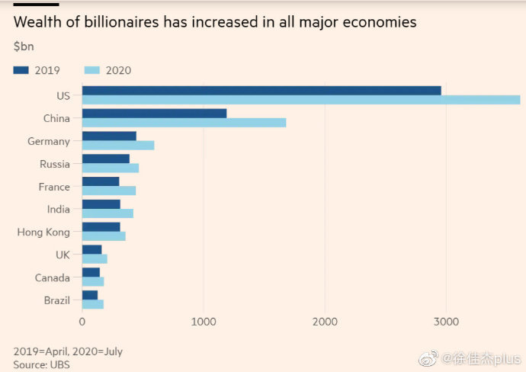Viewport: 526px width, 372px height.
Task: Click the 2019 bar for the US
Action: (x=261, y=91)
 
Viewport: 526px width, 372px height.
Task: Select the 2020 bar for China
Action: (x=184, y=123)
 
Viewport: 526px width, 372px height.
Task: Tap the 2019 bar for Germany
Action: (x=109, y=136)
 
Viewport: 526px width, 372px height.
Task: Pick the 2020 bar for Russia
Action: (x=110, y=168)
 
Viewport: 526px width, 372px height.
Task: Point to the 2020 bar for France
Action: (x=108, y=191)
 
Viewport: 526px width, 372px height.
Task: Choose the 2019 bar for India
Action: (x=101, y=204)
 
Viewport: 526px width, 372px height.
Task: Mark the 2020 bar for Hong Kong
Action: (x=104, y=236)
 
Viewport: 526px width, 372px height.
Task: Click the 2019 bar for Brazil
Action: (x=90, y=295)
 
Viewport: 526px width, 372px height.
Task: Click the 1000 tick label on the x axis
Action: (x=203, y=322)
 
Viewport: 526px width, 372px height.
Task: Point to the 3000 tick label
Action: (x=447, y=322)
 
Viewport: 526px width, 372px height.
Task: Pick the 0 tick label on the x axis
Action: (x=82, y=322)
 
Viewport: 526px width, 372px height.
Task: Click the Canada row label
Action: (x=53, y=278)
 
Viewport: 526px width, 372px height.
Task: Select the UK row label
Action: (x=62, y=255)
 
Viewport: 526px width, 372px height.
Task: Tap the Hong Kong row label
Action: (x=43, y=232)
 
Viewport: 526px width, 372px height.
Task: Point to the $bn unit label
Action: (x=24, y=46)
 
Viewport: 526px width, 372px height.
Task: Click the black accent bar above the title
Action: (x=36, y=5)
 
